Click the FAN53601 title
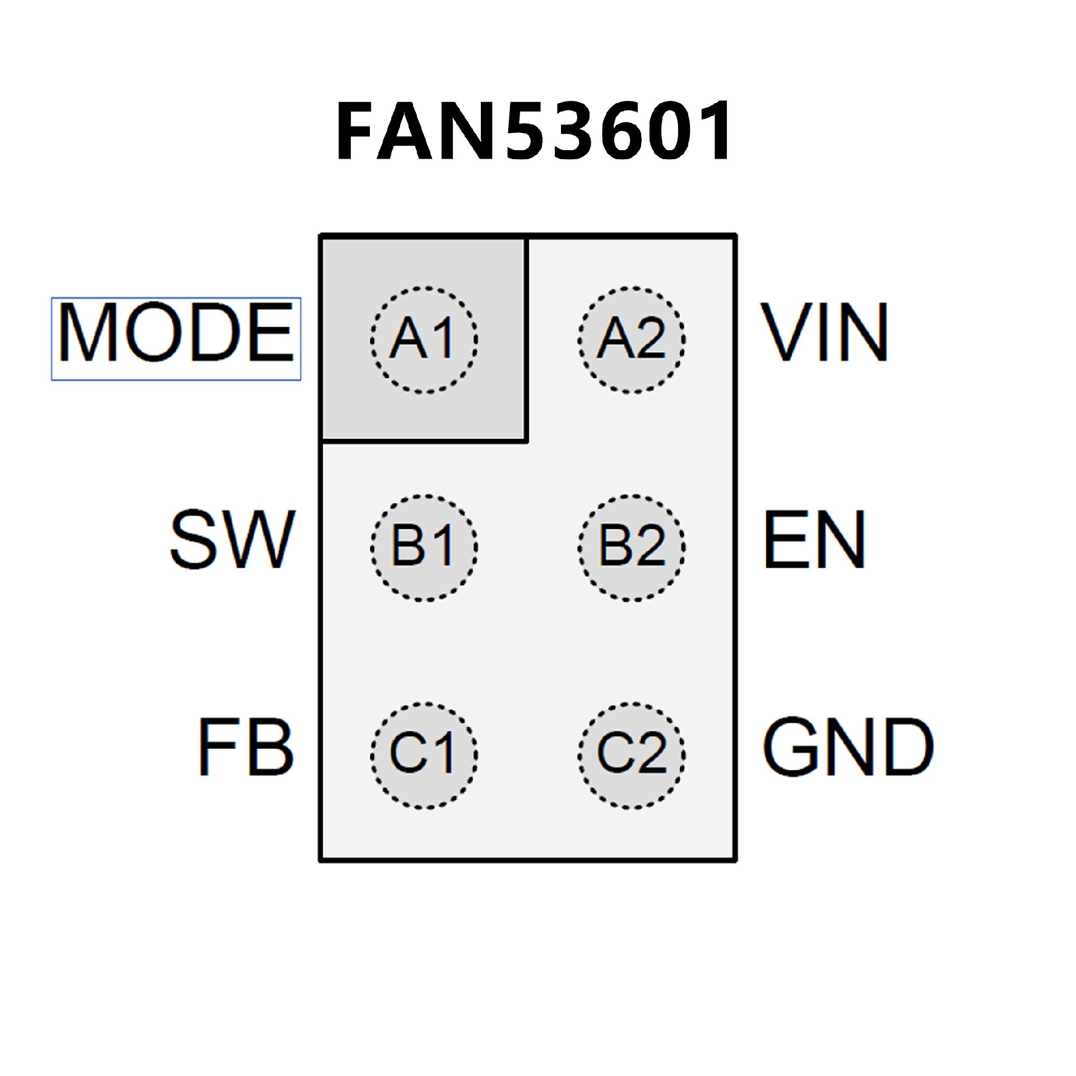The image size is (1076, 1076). [532, 131]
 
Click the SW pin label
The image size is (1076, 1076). [232, 539]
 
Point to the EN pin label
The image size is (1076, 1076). [814, 539]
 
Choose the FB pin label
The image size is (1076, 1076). [245, 747]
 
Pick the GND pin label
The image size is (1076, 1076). [847, 747]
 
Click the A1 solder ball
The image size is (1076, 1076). [424, 340]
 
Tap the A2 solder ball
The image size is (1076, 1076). [632, 340]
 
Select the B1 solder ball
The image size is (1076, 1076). [424, 548]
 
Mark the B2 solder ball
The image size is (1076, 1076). [632, 548]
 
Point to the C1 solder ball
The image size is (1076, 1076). [424, 755]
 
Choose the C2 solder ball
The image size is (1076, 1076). [632, 755]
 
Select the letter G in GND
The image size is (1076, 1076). [790, 747]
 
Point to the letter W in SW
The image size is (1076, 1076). [262, 539]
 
